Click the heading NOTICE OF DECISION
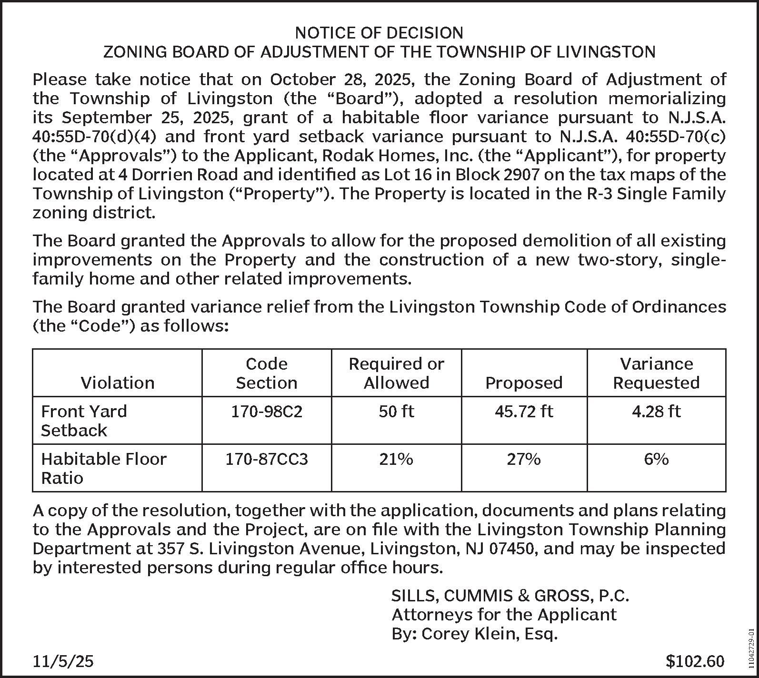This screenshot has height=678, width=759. [x=379, y=33]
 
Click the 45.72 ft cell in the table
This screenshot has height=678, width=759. [x=524, y=411]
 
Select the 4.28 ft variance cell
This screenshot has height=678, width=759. [x=656, y=411]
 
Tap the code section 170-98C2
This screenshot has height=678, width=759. [x=267, y=411]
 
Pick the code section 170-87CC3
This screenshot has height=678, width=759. [x=267, y=459]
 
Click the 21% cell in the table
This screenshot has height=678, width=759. [x=396, y=459]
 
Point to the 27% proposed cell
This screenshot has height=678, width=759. [x=524, y=459]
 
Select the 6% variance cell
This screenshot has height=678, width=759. [x=656, y=459]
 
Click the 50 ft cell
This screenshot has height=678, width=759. [x=396, y=411]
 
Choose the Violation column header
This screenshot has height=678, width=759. [x=118, y=383]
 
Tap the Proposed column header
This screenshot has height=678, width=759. [x=524, y=383]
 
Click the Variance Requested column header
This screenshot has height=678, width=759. [x=656, y=373]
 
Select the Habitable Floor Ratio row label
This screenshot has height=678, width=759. [x=104, y=468]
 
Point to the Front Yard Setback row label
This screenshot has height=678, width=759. [x=84, y=421]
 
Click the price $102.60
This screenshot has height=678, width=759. [x=695, y=661]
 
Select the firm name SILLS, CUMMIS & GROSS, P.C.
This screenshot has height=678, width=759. [x=510, y=596]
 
